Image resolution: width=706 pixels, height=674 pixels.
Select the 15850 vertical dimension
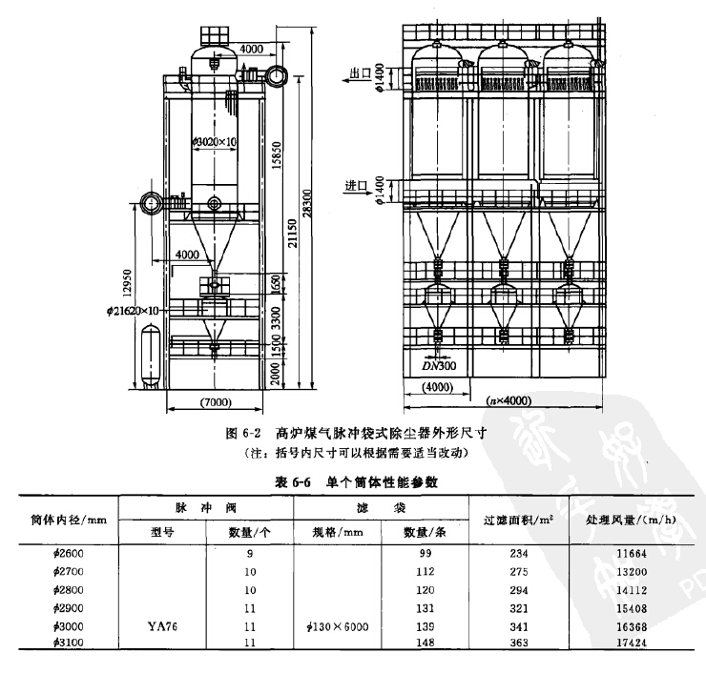click(274, 147)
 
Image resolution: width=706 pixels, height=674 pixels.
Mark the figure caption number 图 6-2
click(242, 432)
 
